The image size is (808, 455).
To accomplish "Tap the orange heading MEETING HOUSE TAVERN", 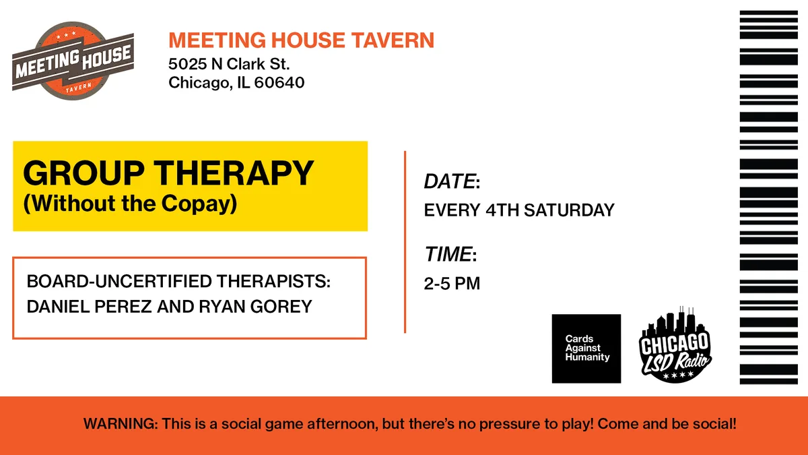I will tap(301, 40).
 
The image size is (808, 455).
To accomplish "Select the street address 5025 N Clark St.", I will tap(229, 65).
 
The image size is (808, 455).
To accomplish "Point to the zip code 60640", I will tap(279, 84).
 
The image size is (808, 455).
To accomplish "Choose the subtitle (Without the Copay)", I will tap(131, 203).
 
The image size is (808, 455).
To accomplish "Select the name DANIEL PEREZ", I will tap(86, 307).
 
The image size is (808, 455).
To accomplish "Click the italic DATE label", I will tap(449, 182).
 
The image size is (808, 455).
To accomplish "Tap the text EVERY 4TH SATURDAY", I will tap(518, 210).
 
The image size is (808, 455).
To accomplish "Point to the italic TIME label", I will tap(448, 255).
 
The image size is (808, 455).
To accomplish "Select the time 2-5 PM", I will tap(452, 284).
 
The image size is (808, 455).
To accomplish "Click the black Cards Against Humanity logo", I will tap(586, 348).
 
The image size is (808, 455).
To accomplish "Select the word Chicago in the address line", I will tap(194, 84).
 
